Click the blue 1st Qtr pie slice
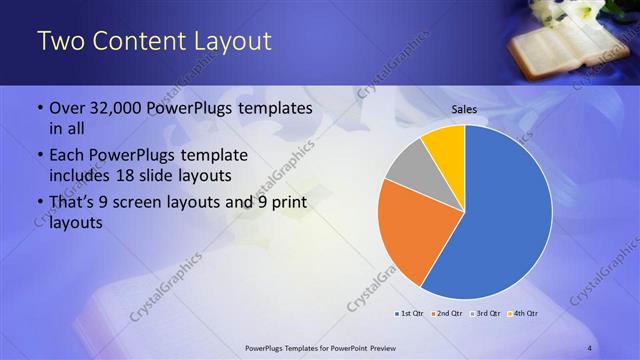(510, 220)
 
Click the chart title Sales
(465, 109)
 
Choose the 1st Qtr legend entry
(409, 314)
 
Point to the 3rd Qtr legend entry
(485, 314)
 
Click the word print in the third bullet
(286, 204)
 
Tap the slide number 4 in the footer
(589, 347)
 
